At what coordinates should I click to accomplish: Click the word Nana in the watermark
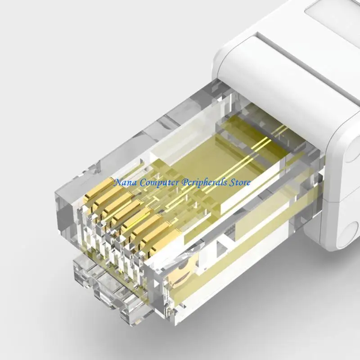[x=126, y=183]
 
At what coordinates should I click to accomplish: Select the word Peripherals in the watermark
[x=206, y=183]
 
